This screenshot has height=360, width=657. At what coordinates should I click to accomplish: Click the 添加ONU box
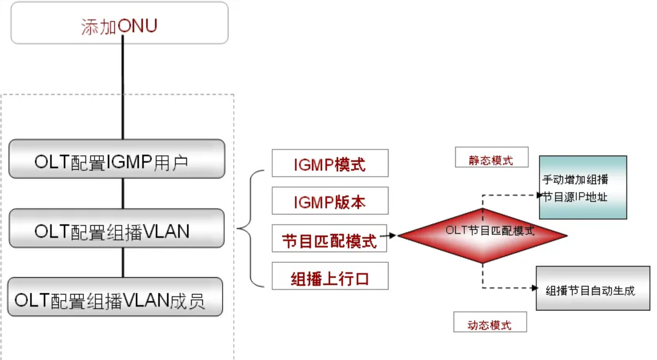[x=119, y=24]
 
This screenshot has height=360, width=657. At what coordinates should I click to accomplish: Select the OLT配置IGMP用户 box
[x=116, y=159]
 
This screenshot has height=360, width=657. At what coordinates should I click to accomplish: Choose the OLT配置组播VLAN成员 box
[x=115, y=297]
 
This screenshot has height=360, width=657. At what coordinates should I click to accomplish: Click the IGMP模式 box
[x=330, y=163]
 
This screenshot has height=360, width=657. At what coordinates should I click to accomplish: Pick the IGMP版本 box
[x=330, y=201]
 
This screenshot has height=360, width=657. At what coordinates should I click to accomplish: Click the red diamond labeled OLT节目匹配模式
[x=482, y=235]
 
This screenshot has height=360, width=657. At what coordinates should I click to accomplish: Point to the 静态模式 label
[x=491, y=158]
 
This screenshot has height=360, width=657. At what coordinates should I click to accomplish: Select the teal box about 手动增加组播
[x=582, y=187]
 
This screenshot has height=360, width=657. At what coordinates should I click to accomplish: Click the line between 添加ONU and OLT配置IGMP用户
[x=123, y=91]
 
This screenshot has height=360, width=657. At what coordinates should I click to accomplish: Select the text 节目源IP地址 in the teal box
[x=575, y=197]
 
